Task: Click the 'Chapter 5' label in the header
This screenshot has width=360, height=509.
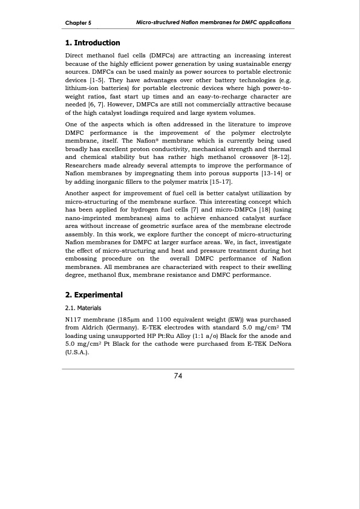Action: tap(78, 22)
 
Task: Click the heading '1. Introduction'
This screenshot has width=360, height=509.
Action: tap(93, 43)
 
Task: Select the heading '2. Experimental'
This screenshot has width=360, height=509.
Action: tap(94, 295)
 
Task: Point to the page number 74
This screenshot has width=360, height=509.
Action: tap(178, 376)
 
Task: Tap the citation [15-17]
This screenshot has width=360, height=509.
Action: tap(219, 182)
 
